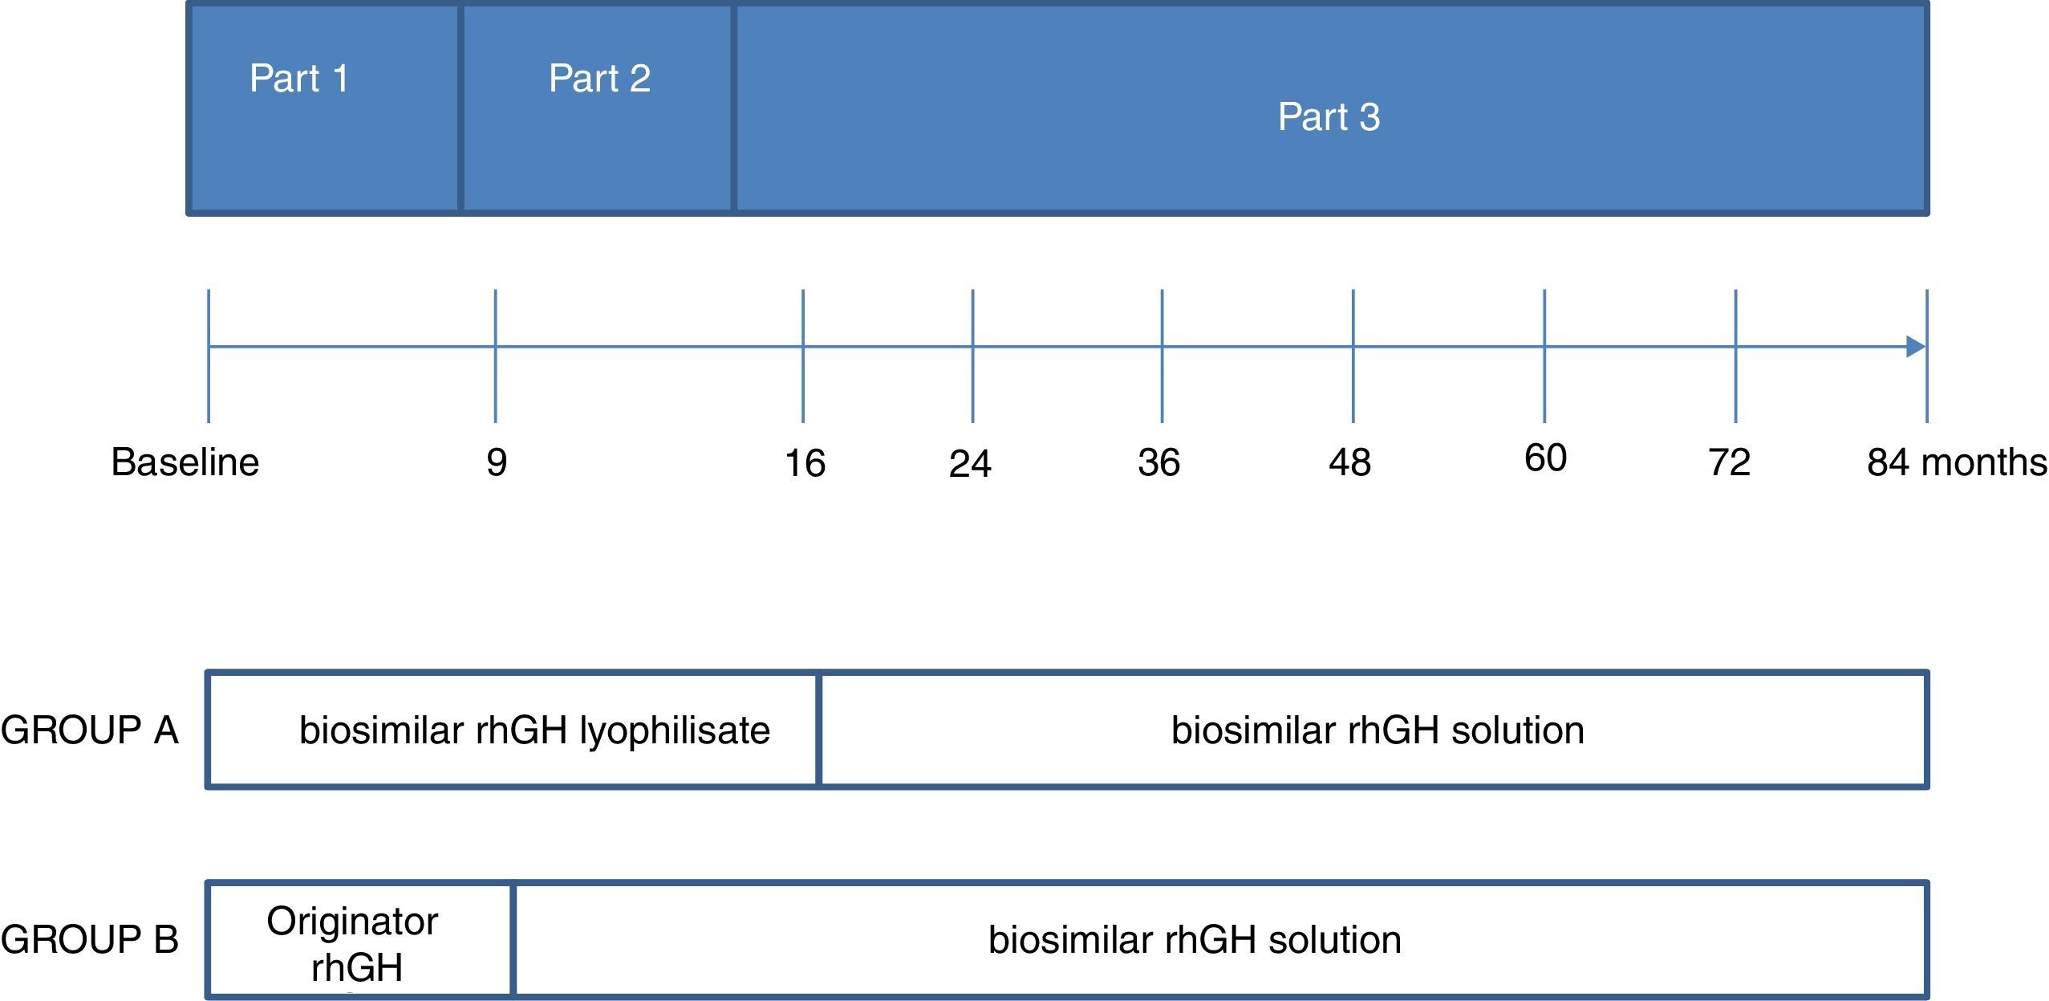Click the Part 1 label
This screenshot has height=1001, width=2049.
(298, 79)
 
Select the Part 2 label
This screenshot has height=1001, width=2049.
(599, 79)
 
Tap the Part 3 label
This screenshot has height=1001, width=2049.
(1329, 117)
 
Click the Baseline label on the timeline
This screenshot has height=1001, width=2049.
(185, 462)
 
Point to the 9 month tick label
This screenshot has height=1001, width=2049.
(497, 463)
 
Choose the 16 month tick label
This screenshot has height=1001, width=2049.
(805, 464)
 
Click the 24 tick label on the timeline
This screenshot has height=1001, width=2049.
(970, 464)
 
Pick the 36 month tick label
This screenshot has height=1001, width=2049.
(1158, 463)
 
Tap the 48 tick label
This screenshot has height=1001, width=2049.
(1349, 463)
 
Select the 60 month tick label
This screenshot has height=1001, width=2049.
(1545, 458)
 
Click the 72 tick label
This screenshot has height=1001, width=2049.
(1729, 463)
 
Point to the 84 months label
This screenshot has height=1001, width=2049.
(1956, 463)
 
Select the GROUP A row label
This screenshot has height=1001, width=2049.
(89, 730)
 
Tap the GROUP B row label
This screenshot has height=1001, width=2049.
(89, 939)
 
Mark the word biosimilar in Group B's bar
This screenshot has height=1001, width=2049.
(1070, 940)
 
